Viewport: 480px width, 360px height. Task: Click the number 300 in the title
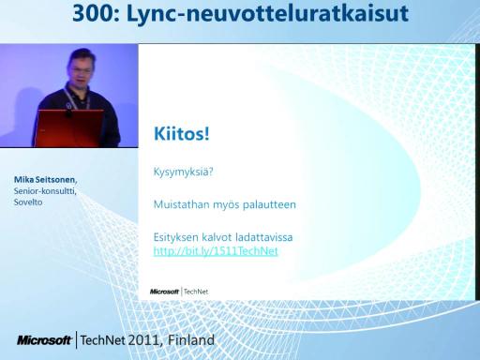[93, 13]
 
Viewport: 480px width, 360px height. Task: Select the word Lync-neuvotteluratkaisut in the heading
[267, 15]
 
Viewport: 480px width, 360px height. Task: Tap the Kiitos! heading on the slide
[181, 134]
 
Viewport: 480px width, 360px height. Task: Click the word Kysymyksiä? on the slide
[183, 172]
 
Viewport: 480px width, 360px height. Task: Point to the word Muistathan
[181, 204]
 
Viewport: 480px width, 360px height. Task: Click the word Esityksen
[176, 237]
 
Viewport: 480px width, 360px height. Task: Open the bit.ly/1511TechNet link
[216, 251]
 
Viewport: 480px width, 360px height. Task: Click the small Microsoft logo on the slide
[164, 292]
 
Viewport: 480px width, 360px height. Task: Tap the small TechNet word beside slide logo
[196, 292]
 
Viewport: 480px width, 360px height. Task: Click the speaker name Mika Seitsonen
[45, 180]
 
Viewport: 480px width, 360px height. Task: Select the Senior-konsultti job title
[45, 191]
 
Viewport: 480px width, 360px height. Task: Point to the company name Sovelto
[28, 202]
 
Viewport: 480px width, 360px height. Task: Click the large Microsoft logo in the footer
[44, 340]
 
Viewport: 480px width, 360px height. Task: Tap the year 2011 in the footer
[144, 340]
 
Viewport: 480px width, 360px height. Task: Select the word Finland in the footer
[191, 340]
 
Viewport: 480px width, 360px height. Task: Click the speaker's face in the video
[82, 70]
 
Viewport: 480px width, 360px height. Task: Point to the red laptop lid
[69, 128]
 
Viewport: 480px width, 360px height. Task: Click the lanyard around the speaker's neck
[75, 99]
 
